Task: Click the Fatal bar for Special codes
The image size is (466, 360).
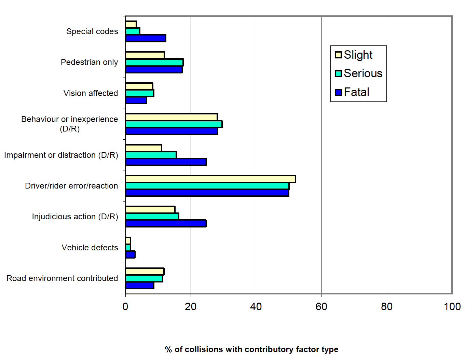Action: [146, 38]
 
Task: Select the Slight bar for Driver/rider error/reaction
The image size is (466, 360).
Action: [210, 179]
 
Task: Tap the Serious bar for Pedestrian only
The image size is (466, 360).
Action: [154, 62]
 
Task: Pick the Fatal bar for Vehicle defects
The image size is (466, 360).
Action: [130, 254]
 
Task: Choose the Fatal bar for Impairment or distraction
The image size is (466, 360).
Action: [166, 162]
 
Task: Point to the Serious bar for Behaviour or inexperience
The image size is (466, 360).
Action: [174, 124]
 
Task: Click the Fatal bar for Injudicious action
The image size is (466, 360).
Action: [166, 223]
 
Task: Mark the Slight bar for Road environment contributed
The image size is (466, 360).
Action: [145, 272]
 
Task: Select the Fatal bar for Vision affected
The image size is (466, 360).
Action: [136, 100]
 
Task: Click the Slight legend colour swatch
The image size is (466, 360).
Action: [338, 55]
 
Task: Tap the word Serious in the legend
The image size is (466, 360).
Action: [363, 73]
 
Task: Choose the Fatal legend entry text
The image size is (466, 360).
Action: [356, 92]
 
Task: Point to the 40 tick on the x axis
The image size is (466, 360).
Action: [256, 306]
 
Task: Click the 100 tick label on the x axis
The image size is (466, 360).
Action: [452, 306]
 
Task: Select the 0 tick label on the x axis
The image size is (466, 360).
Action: [125, 306]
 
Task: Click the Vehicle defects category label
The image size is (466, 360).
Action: [90, 248]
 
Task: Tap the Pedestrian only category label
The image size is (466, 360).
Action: [89, 62]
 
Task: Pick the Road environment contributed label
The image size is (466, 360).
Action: [62, 278]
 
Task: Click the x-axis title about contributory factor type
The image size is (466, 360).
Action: [251, 349]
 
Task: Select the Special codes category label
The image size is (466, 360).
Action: [92, 31]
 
